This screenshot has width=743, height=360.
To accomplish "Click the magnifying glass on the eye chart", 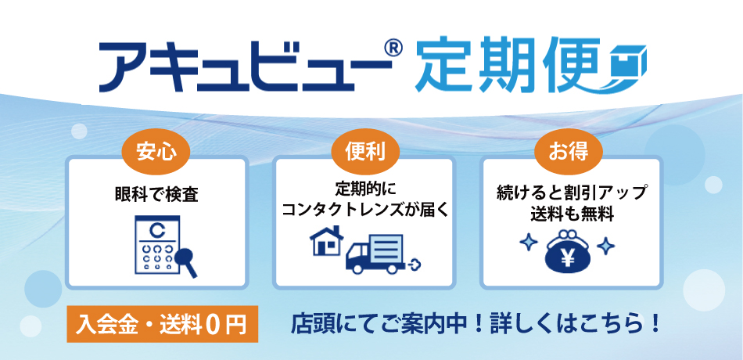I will click(186, 261).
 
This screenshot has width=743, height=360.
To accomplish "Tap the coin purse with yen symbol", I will click(569, 250).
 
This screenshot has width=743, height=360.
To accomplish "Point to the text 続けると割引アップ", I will click(569, 193).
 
